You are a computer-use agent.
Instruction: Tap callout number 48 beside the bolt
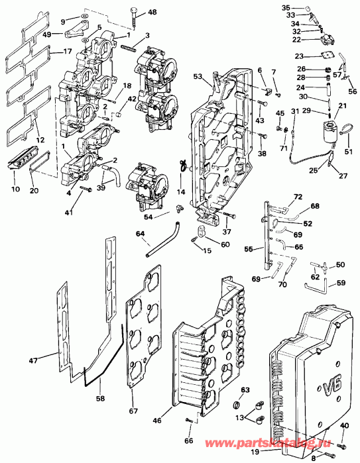152,13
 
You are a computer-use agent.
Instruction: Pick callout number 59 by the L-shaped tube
341,284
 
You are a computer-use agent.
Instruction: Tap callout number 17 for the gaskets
67,52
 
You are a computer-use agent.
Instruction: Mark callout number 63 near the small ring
245,390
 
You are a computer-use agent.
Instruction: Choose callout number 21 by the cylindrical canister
343,107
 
